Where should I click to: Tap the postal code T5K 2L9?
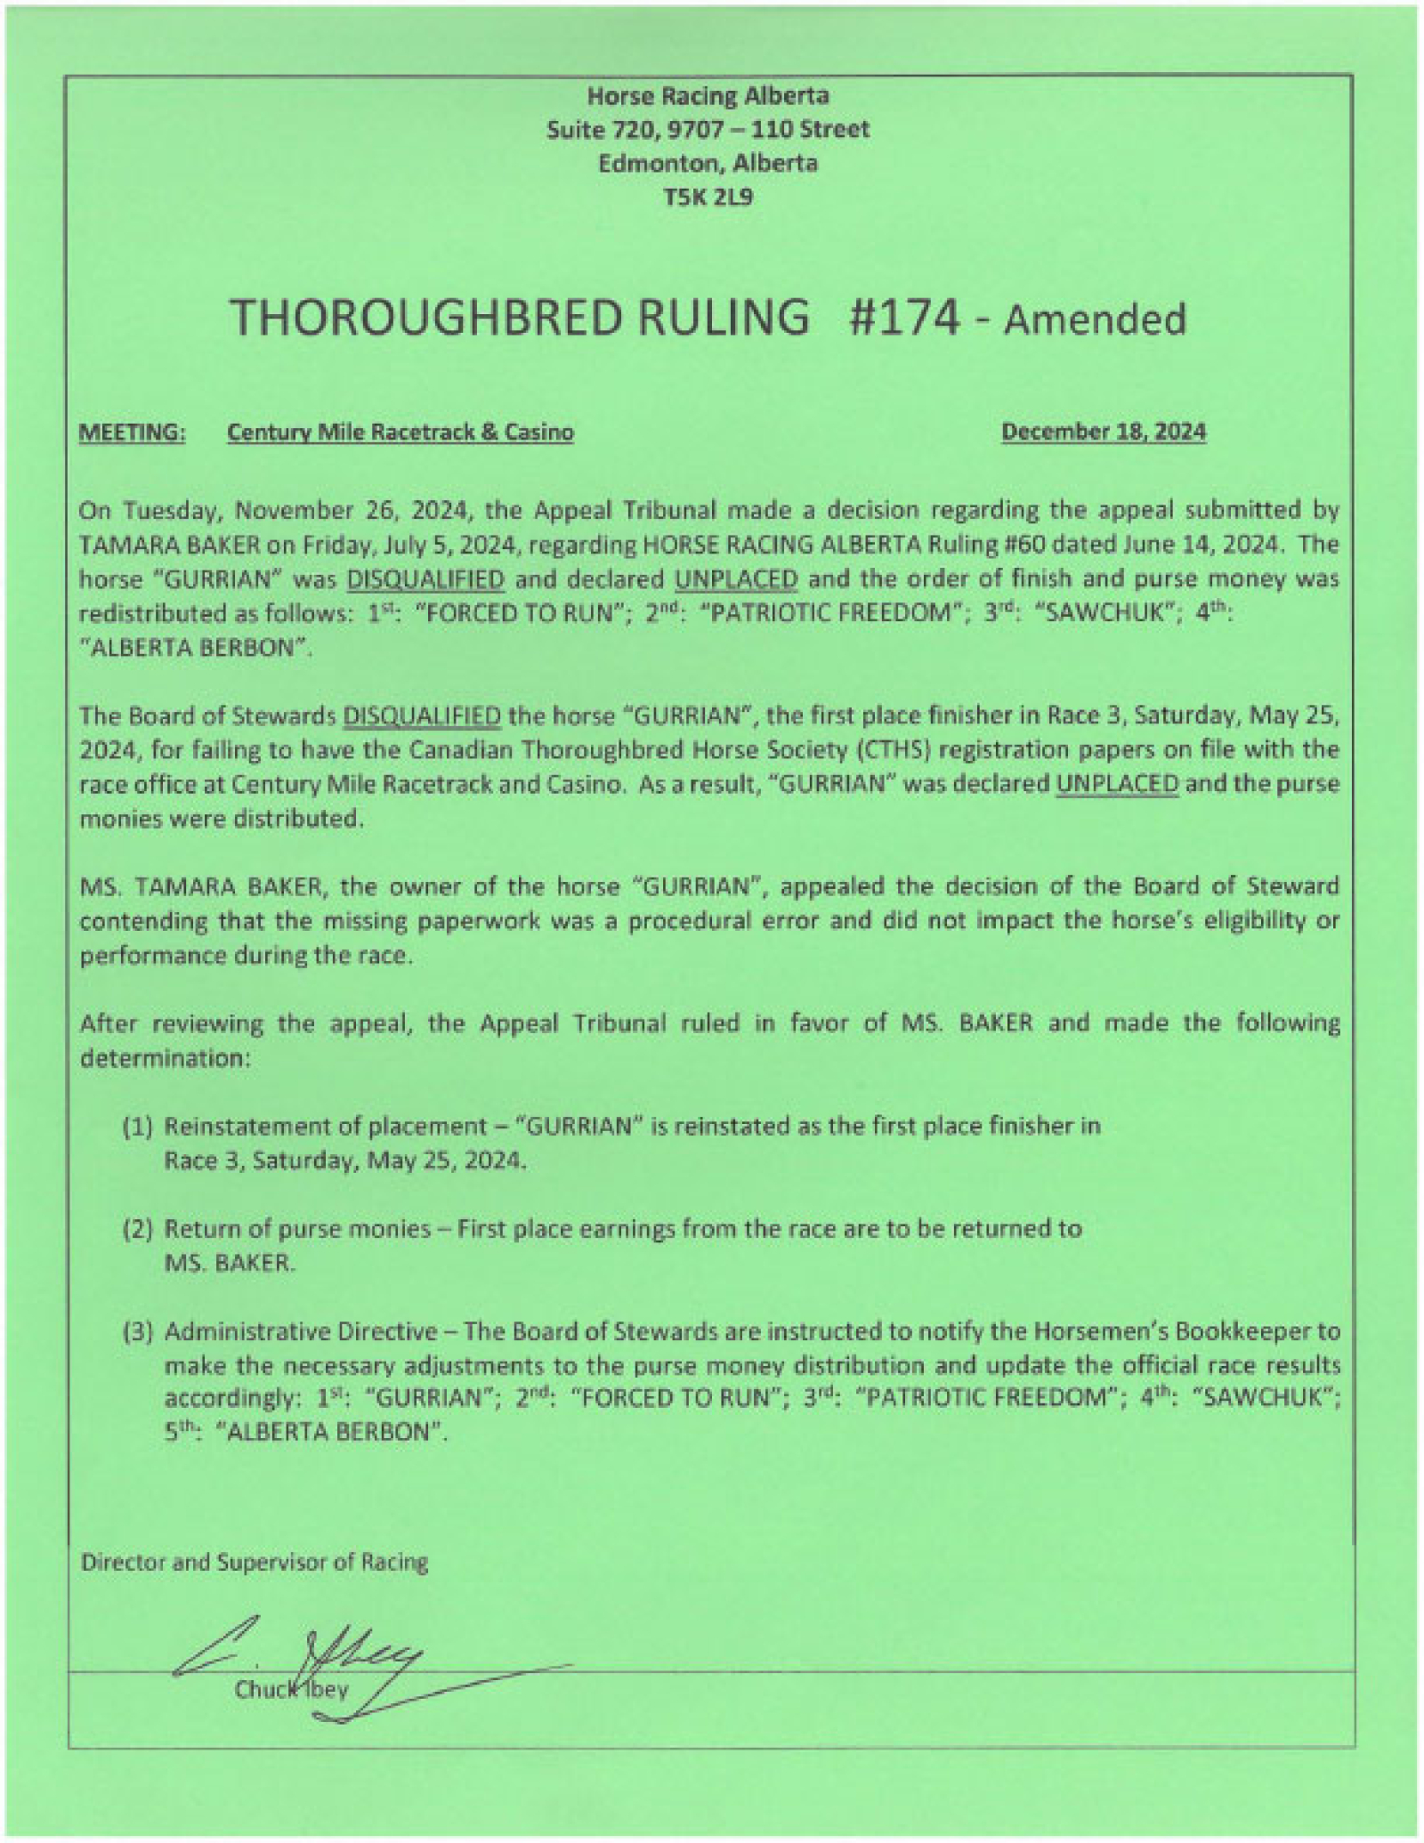coord(708,197)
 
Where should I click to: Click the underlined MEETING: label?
coord(133,432)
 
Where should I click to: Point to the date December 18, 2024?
coord(1104,432)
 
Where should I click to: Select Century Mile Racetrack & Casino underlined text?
coord(400,432)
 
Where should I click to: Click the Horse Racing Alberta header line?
coord(708,95)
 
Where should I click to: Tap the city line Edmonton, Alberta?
coord(708,163)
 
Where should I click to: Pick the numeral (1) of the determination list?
coord(138,1127)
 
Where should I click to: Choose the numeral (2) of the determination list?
coord(138,1229)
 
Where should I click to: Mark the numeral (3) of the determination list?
coord(138,1332)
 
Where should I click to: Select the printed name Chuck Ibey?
coord(291,1689)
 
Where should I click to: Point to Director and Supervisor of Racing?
coord(255,1562)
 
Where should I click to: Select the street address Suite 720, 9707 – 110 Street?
coord(708,129)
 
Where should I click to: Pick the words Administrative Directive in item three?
coord(301,1332)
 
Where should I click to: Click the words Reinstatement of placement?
coord(327,1127)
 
